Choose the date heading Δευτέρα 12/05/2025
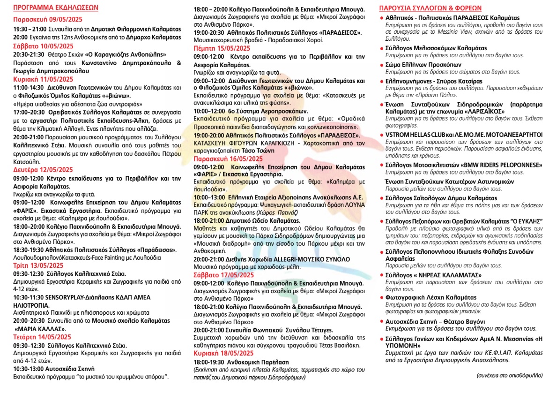(43, 170)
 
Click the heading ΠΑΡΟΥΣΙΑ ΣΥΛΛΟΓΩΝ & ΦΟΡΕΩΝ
(430, 8)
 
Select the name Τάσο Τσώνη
(258, 151)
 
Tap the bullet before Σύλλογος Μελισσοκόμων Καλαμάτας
(381, 48)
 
